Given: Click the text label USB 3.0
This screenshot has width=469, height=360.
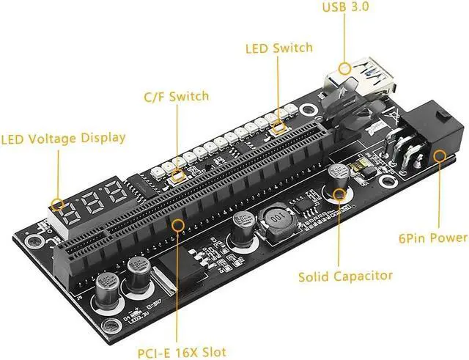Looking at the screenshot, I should pyautogui.click(x=347, y=8).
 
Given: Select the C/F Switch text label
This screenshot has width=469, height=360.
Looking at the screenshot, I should pyautogui.click(x=176, y=96).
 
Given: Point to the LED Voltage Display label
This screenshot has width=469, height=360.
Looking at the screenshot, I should pyautogui.click(x=63, y=138).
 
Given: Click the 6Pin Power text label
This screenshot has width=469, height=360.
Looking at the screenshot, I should pyautogui.click(x=432, y=238).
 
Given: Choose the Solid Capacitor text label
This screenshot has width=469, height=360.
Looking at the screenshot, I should pyautogui.click(x=345, y=276).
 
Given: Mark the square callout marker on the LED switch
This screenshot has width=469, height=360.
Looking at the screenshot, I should pyautogui.click(x=278, y=128).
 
